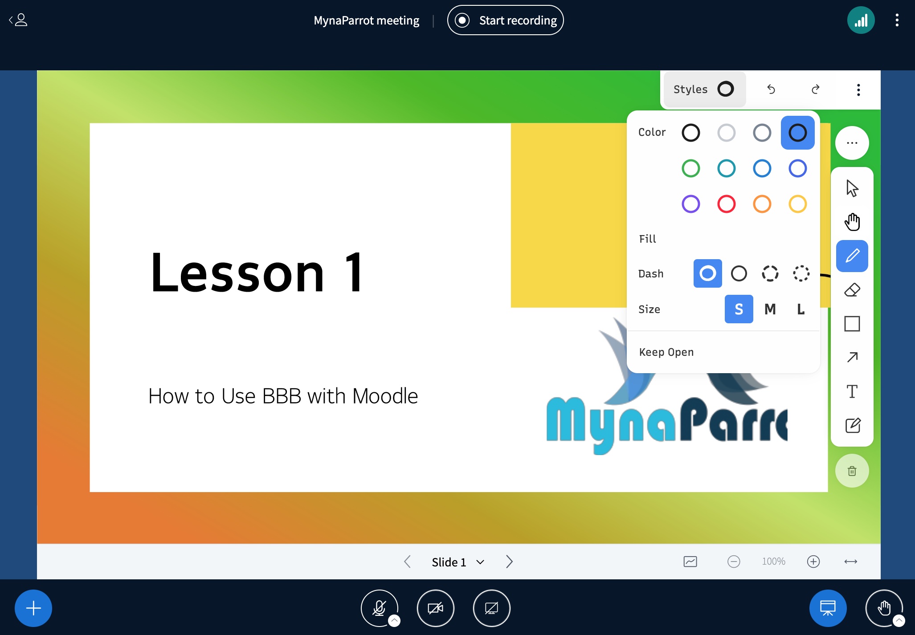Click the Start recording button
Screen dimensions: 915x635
pos(505,20)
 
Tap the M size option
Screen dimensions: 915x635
pos(770,309)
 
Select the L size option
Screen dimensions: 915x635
pos(801,309)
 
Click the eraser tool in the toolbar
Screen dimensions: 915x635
pos(852,290)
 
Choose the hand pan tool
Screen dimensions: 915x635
pos(852,222)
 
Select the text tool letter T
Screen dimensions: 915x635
pos(852,391)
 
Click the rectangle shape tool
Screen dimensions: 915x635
pos(852,324)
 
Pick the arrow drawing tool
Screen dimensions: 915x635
pos(852,357)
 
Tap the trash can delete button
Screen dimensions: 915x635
pos(852,471)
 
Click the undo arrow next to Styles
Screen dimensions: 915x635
pos(771,90)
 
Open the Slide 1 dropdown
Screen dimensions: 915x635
pos(458,562)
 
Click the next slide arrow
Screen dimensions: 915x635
pos(509,562)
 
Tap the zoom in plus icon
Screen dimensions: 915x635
pos(813,562)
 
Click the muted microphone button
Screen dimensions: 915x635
pos(380,608)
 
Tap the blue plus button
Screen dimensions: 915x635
pos(33,608)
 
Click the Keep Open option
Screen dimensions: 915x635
pos(666,352)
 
